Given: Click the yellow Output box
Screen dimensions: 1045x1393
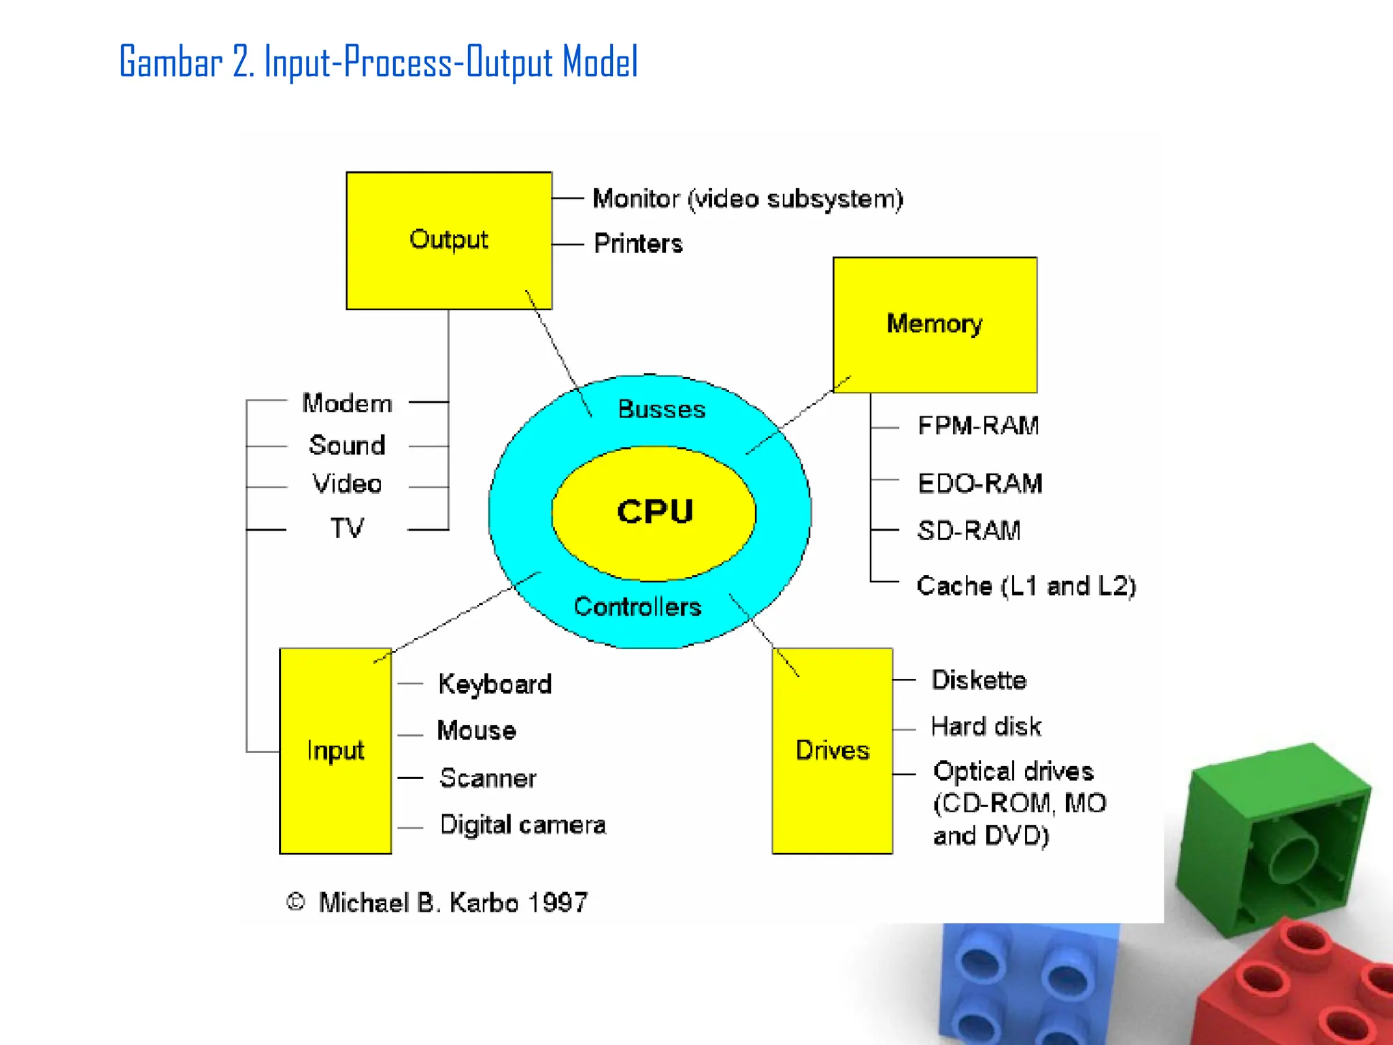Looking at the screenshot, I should pos(449,240).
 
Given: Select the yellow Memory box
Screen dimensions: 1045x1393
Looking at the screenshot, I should pos(935,325).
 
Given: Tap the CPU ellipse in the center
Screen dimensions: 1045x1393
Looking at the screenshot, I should pos(654,512).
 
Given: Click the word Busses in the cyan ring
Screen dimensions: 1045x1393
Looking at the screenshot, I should pos(661,410).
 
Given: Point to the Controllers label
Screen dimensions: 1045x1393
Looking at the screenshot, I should pos(637,607).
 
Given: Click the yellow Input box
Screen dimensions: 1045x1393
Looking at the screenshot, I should pos(335,750).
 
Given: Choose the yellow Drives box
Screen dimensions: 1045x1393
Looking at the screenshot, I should pos(832,750).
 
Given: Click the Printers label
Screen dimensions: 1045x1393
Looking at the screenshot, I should pos(638,244).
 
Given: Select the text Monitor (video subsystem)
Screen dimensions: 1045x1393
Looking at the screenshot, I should pos(748,199).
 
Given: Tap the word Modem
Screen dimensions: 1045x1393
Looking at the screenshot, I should pos(347,403).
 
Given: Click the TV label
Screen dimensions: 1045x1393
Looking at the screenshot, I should pos(347,528).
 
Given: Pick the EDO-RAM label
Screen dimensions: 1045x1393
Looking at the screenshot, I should pos(979,484).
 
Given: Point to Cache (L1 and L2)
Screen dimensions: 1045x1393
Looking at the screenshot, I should pos(1026,586).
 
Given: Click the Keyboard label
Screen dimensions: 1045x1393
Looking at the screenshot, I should pos(494,684).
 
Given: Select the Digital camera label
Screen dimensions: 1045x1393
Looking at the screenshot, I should pos(522,825).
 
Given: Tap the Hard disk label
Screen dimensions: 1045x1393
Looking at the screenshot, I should pos(986,727).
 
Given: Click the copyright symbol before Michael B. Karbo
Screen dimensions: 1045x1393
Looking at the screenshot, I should pos(295,902).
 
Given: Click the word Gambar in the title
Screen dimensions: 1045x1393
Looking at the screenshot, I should pos(171,63).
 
